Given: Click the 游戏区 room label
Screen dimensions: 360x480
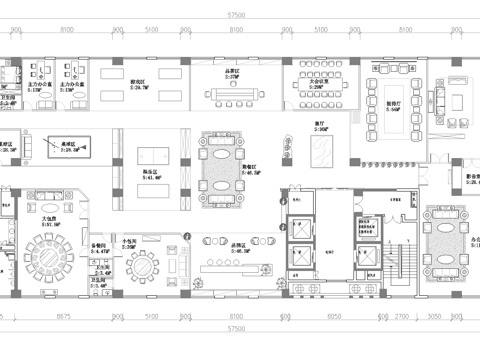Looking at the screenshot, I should tap(138, 83).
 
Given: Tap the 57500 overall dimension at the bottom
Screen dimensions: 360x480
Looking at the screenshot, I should tap(237, 328).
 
